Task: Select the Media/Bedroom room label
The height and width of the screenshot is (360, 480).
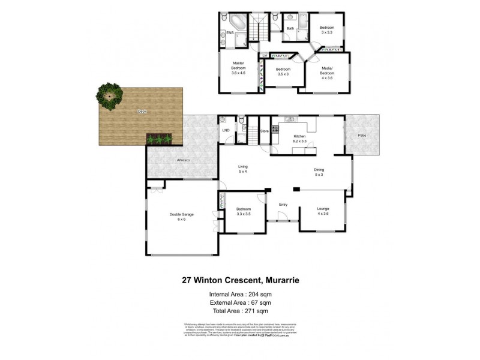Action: click(x=326, y=71)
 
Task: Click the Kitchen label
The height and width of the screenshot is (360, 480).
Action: click(x=299, y=137)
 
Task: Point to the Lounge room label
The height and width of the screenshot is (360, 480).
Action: click(x=323, y=208)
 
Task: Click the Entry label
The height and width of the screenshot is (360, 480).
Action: click(x=283, y=205)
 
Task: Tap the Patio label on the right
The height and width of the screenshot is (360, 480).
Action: click(x=362, y=136)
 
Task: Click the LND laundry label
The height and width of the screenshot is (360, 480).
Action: click(x=226, y=130)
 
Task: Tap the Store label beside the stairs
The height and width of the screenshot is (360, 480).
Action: click(x=263, y=130)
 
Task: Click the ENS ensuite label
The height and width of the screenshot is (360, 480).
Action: click(x=229, y=34)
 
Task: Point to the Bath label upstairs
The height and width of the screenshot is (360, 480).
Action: click(x=290, y=28)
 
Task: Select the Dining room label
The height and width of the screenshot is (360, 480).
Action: click(x=319, y=170)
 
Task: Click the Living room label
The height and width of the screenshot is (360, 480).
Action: click(x=243, y=167)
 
